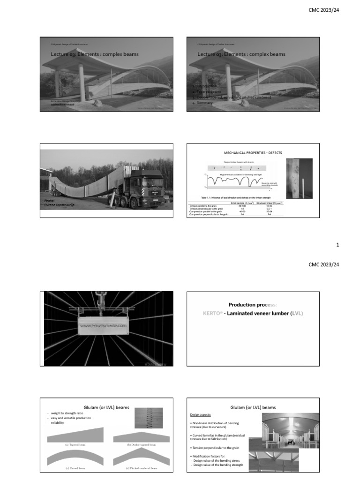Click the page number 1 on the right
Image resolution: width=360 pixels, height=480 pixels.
337,245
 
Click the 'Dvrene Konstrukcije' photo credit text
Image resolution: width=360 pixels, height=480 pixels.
59,205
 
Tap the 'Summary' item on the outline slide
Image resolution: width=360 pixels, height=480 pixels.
204,102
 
